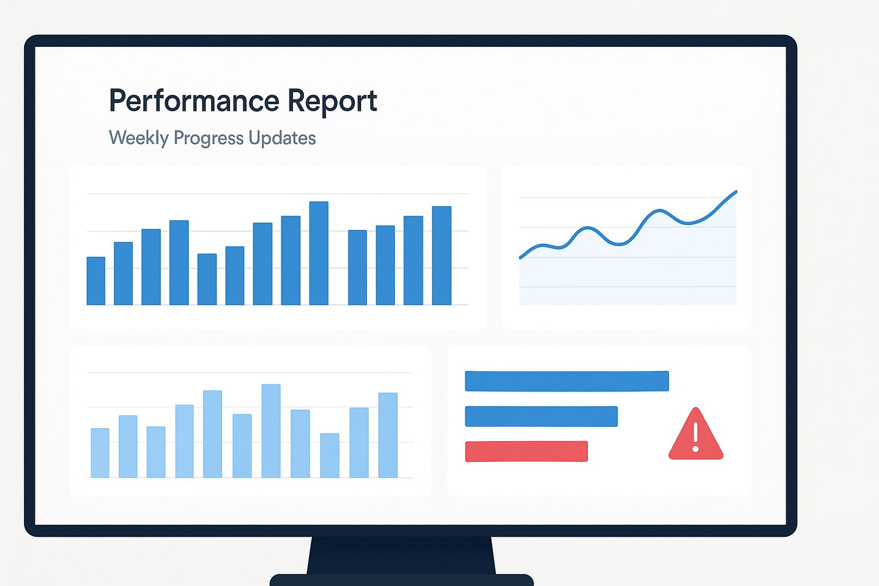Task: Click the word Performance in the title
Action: point(194,101)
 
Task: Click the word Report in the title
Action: point(332,101)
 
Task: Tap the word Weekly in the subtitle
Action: point(138,138)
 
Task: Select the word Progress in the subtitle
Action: point(208,138)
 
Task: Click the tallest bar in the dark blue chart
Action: point(319,253)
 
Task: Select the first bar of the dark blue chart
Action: point(96,280)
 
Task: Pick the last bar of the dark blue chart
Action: point(441,255)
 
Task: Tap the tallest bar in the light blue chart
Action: point(271,431)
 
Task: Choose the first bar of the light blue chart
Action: point(100,453)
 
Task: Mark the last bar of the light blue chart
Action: point(387,435)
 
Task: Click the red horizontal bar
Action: point(526,452)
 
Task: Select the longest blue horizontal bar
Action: point(567,381)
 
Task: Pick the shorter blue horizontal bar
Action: point(541,416)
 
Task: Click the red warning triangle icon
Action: point(696,435)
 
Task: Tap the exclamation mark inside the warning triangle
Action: point(696,437)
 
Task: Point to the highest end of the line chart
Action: point(736,192)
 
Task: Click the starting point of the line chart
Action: point(521,258)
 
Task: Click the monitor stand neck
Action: point(401,555)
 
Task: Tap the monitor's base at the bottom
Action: point(401,580)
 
